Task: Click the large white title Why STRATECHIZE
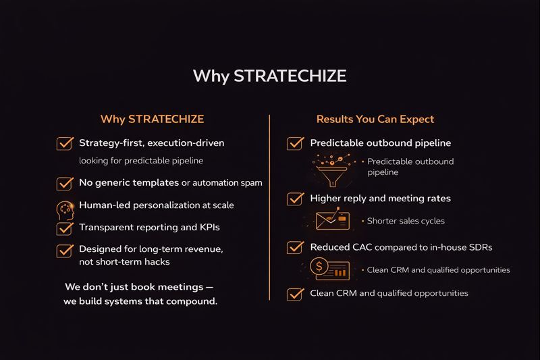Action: click(x=269, y=76)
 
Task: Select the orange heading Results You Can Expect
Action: click(x=375, y=120)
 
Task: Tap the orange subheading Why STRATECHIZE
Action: click(x=152, y=120)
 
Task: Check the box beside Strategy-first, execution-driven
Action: click(x=65, y=143)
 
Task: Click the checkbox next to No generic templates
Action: click(x=65, y=183)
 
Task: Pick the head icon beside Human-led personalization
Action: click(x=65, y=208)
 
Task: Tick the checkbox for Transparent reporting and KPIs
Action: click(x=65, y=228)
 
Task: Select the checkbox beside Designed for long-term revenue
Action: click(x=65, y=250)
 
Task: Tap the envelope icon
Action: click(x=332, y=220)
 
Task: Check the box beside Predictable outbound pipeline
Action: click(x=294, y=143)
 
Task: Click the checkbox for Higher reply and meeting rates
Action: click(x=294, y=199)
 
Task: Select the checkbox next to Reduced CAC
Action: click(x=294, y=247)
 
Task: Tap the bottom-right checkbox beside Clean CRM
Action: click(x=294, y=294)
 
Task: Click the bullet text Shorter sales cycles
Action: click(x=406, y=221)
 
